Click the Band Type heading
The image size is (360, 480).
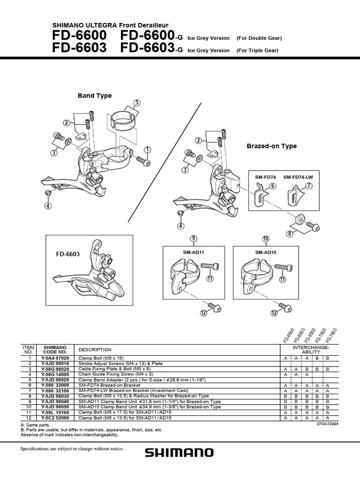(x=95, y=96)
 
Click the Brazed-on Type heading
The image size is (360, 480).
(x=271, y=146)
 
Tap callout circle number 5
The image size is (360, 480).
(x=136, y=103)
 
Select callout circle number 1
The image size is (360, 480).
(x=148, y=150)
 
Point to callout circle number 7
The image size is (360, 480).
(x=308, y=187)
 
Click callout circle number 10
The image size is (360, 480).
(x=266, y=239)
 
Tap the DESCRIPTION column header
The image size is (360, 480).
(x=95, y=350)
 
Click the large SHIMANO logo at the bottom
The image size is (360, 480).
(x=180, y=453)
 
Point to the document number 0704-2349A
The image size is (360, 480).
(x=327, y=424)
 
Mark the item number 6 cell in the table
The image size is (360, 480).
(x=29, y=385)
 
